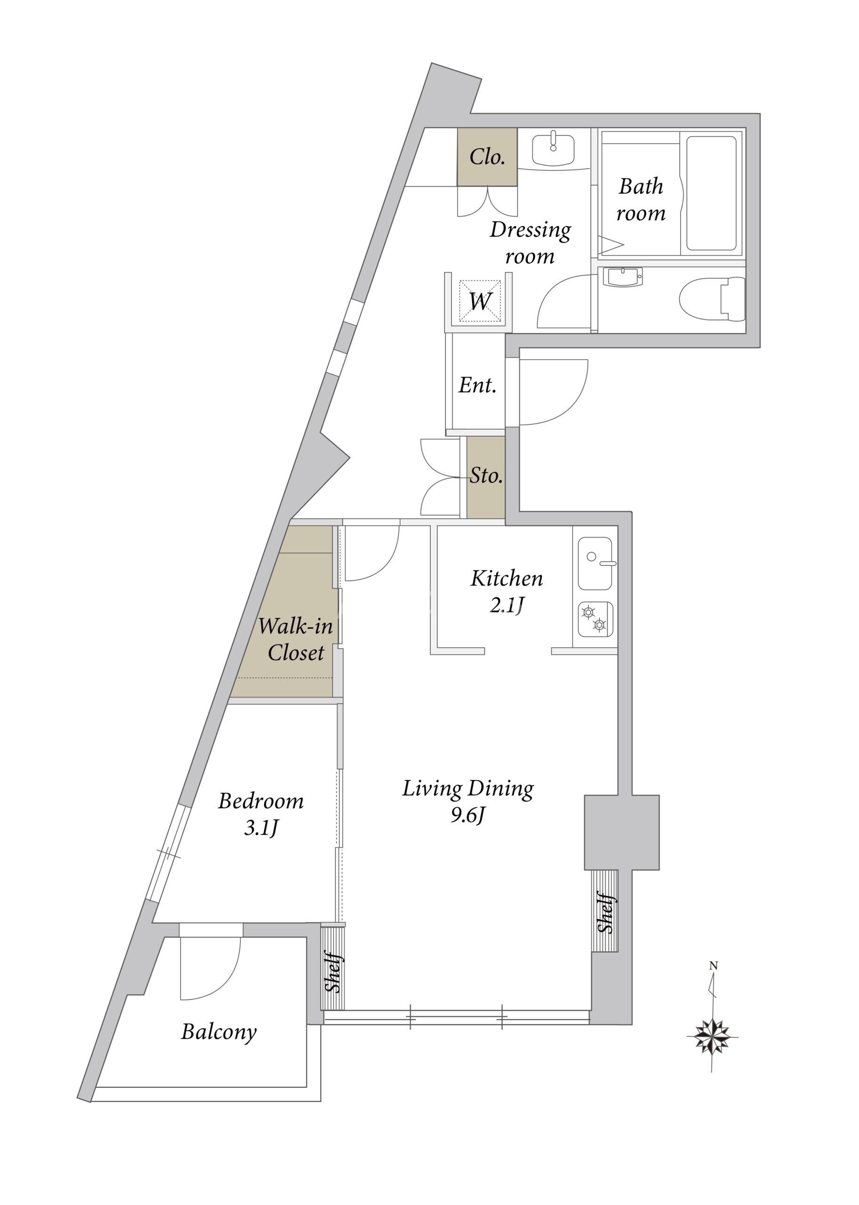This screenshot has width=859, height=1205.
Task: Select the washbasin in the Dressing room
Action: pyautogui.click(x=553, y=150)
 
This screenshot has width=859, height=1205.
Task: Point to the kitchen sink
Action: pyautogui.click(x=596, y=563)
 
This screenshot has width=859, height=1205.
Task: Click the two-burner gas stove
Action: pyautogui.click(x=595, y=619)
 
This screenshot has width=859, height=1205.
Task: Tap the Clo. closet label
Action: pyautogui.click(x=487, y=157)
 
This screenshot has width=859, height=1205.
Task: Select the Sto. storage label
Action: pyautogui.click(x=486, y=475)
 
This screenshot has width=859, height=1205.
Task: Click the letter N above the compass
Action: pyautogui.click(x=714, y=966)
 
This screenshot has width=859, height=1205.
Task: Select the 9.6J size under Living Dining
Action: pyautogui.click(x=467, y=816)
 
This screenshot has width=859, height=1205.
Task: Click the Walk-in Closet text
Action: pyautogui.click(x=296, y=640)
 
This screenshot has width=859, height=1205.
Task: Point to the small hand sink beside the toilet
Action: pyautogui.click(x=624, y=277)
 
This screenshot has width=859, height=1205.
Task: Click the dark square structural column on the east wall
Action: pyautogui.click(x=621, y=832)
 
